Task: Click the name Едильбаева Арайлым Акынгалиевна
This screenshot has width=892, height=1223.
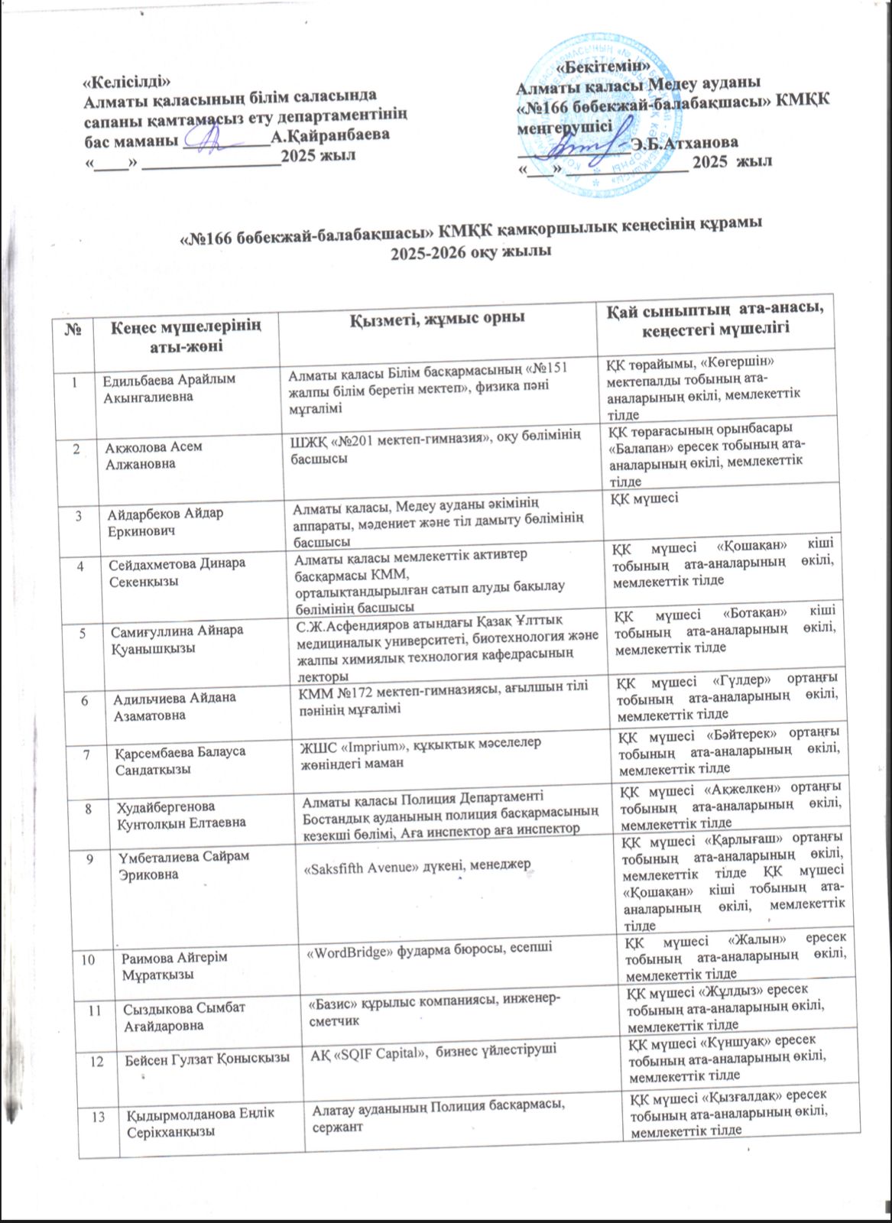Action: [169, 388]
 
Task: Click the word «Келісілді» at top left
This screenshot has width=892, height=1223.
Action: [125, 82]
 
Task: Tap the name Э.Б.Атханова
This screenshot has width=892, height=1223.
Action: [686, 143]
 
